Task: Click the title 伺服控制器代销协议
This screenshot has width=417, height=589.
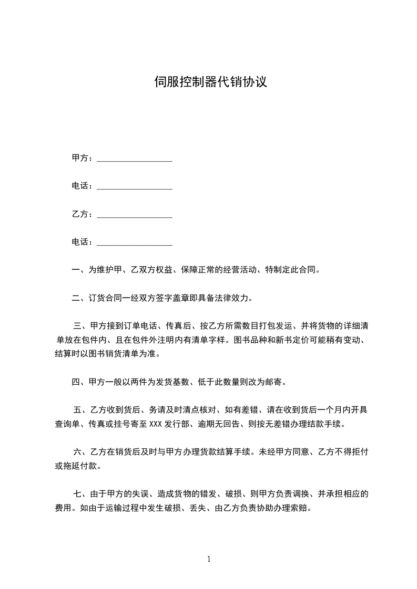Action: pos(210,82)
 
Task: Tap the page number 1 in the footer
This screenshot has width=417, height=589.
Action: pos(209,559)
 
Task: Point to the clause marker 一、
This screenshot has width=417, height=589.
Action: pos(79,270)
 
